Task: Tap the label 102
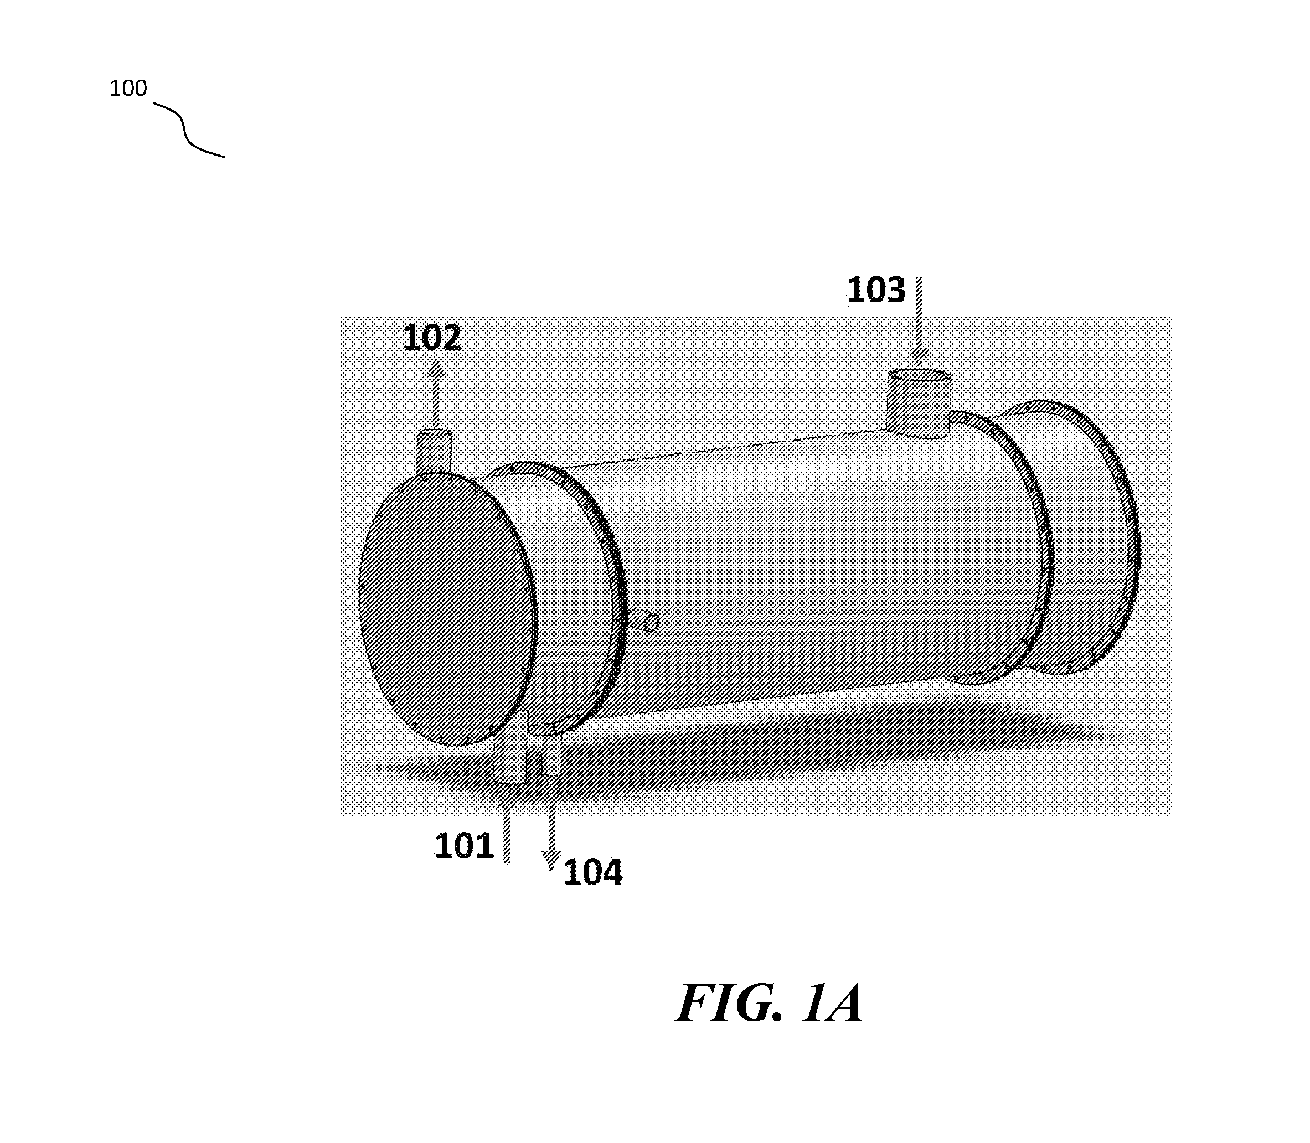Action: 432,338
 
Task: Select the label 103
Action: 876,290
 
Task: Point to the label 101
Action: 464,846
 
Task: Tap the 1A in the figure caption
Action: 832,1004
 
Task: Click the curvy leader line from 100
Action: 189,130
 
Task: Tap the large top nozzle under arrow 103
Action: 920,405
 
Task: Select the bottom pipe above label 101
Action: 510,757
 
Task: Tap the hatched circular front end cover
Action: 447,608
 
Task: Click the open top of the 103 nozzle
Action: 920,376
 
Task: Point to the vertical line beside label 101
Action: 507,823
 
